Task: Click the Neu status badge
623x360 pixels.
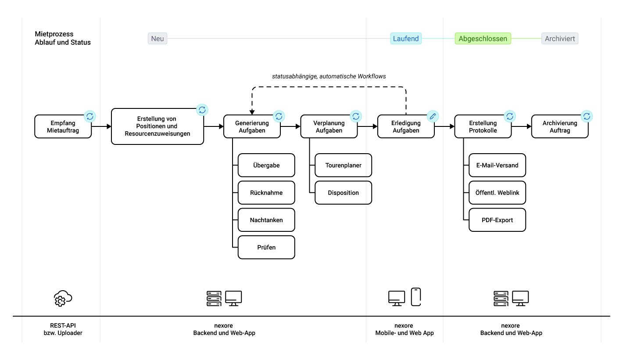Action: click(x=158, y=38)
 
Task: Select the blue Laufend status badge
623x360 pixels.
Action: click(x=406, y=38)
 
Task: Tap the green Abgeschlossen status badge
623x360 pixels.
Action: click(x=483, y=38)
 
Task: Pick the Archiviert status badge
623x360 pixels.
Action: click(x=559, y=38)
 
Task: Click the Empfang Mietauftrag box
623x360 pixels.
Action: click(x=63, y=126)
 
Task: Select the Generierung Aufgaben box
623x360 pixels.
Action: click(x=252, y=126)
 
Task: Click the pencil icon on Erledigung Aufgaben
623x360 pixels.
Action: click(x=433, y=116)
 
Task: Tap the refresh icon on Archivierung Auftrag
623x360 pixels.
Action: click(x=587, y=116)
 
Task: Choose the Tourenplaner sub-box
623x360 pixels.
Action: click(x=343, y=165)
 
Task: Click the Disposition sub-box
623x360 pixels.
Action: click(x=343, y=193)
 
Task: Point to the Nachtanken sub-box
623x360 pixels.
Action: click(x=266, y=220)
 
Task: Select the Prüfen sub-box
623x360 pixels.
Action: click(x=266, y=247)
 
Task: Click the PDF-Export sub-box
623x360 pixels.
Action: click(x=497, y=220)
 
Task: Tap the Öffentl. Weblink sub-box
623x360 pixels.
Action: click(x=497, y=193)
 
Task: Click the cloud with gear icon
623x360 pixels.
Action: click(x=63, y=298)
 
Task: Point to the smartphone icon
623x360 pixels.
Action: click(x=416, y=297)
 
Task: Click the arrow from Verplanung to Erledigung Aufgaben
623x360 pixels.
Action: click(x=368, y=126)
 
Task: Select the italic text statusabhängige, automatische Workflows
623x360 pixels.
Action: click(x=329, y=76)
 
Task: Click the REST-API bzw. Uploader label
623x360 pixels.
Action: click(x=63, y=329)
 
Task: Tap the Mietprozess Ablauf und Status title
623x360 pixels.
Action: click(x=63, y=38)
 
